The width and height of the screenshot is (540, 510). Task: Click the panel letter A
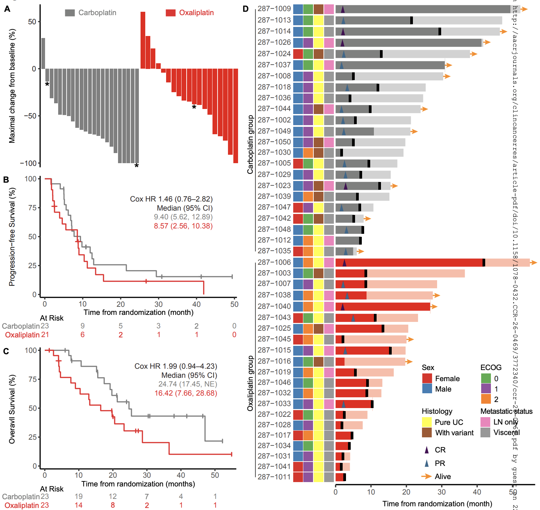7,9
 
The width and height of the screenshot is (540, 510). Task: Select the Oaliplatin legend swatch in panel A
170,13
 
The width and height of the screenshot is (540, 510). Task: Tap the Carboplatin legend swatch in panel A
70,13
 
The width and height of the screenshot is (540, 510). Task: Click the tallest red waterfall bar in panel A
143,40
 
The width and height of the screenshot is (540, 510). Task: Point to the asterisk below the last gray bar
137,166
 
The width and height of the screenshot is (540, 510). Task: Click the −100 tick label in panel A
28,163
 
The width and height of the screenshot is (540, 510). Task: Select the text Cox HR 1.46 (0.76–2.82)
171,199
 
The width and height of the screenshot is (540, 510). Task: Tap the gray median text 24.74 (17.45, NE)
188,384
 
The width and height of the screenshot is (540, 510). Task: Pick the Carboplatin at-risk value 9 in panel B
82,326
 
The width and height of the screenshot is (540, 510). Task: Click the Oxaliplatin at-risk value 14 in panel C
79,505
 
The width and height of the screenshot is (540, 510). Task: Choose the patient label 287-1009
274,9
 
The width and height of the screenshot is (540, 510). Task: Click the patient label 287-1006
274,262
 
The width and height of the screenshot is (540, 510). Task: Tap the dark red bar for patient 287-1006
409,262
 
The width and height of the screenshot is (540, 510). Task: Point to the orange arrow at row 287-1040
434,306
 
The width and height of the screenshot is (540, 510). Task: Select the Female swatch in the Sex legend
427,378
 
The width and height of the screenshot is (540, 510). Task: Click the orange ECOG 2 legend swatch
486,399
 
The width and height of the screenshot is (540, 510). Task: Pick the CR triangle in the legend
427,450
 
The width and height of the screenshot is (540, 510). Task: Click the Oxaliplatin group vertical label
250,383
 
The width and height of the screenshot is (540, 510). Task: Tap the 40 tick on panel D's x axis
477,492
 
